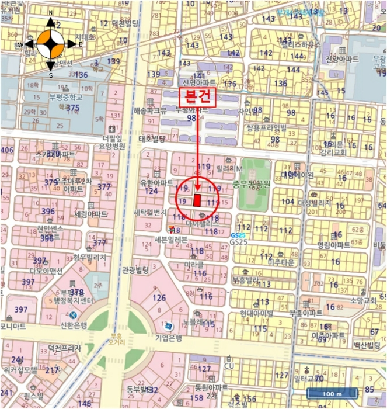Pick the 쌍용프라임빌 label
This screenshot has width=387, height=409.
click(x=266, y=128)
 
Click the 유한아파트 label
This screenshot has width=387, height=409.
click(x=154, y=182)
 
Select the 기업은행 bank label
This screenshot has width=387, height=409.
click(x=169, y=338)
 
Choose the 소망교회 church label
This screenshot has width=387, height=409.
click(x=365, y=301)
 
